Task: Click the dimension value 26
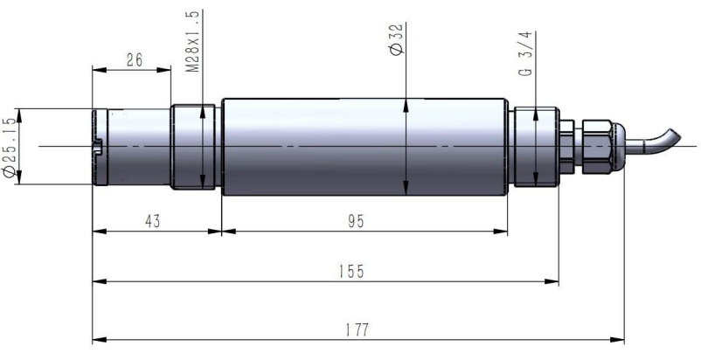click(134, 59)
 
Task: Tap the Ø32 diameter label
click(396, 38)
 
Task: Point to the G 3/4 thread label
click(527, 53)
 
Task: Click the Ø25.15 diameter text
click(10, 147)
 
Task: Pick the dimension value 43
click(152, 221)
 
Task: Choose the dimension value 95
click(356, 221)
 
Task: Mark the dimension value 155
click(351, 271)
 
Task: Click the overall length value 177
click(357, 330)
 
